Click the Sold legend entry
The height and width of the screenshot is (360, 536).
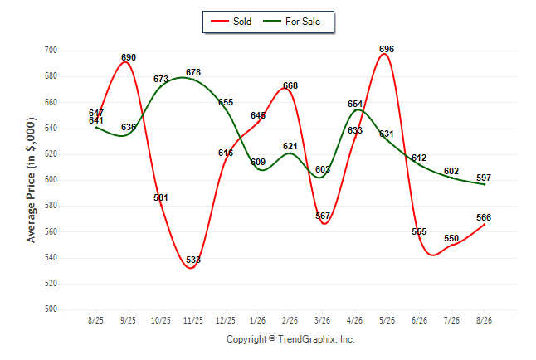click(x=231, y=22)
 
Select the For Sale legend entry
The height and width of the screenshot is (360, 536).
click(x=291, y=22)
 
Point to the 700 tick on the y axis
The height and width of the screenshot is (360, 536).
click(x=51, y=51)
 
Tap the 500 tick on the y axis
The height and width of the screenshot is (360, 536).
click(x=51, y=309)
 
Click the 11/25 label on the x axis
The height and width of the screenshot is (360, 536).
click(x=193, y=320)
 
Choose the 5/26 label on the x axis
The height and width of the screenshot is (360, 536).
click(x=387, y=320)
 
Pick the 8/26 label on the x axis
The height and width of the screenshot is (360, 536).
click(x=484, y=320)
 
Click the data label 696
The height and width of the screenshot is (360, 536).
click(x=387, y=49)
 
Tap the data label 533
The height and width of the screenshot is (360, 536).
click(x=193, y=260)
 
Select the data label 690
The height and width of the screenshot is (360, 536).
click(x=129, y=57)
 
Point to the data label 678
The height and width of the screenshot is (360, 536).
click(x=193, y=72)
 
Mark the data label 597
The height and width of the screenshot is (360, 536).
click(x=484, y=178)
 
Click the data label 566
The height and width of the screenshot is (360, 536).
click(x=484, y=217)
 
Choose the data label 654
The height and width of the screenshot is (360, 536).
click(x=355, y=104)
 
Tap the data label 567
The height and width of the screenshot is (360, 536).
click(x=323, y=216)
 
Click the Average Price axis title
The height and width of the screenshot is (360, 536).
click(x=31, y=180)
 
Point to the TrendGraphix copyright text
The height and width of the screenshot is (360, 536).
click(x=290, y=339)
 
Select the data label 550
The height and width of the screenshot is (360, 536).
click(x=451, y=238)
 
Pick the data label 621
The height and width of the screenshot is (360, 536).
click(x=290, y=146)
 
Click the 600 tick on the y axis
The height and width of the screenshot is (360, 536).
click(x=51, y=180)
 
